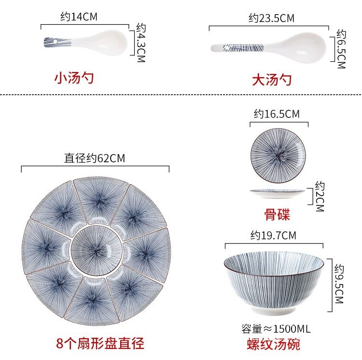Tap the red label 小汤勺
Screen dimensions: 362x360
pyautogui.click(x=74, y=77)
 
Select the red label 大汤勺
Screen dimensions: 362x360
pyautogui.click(x=272, y=79)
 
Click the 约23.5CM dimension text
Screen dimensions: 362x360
pyautogui.click(x=272, y=18)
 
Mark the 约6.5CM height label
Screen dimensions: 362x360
pyautogui.click(x=341, y=49)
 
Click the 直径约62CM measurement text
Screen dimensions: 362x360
pyautogui.click(x=95, y=158)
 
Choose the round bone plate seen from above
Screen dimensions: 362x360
pyautogui.click(x=278, y=157)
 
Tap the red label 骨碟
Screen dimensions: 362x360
pyautogui.click(x=277, y=214)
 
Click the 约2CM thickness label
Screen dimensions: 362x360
pyautogui.click(x=319, y=197)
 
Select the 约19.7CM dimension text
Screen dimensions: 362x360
pyautogui.click(x=273, y=235)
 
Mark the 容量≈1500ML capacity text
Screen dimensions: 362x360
pyautogui.click(x=276, y=329)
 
